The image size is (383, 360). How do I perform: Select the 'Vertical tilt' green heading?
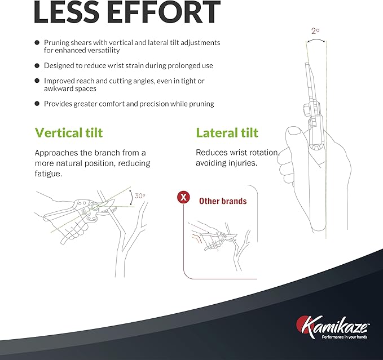point(69,133)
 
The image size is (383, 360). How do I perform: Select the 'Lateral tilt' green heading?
point(227,133)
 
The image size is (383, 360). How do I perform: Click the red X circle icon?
point(183,197)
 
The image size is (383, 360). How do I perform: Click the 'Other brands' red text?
point(223,201)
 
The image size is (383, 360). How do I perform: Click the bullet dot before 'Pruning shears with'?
point(37,43)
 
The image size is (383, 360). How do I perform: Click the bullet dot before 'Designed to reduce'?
point(37,66)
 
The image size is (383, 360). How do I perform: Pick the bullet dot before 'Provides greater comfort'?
point(37,104)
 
